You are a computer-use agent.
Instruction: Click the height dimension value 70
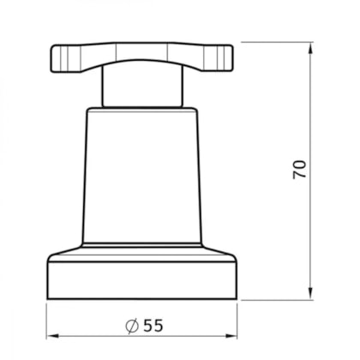pyautogui.click(x=299, y=170)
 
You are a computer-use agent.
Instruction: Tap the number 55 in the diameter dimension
pyautogui.click(x=153, y=325)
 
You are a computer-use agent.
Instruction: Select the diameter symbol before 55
pyautogui.click(x=132, y=326)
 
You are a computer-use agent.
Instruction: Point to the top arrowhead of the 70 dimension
pyautogui.click(x=311, y=49)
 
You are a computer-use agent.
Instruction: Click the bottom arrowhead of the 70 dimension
pyautogui.click(x=311, y=294)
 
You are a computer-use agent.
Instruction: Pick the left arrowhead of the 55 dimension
pyautogui.click(x=52, y=336)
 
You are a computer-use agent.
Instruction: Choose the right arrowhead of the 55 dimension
pyautogui.click(x=231, y=336)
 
